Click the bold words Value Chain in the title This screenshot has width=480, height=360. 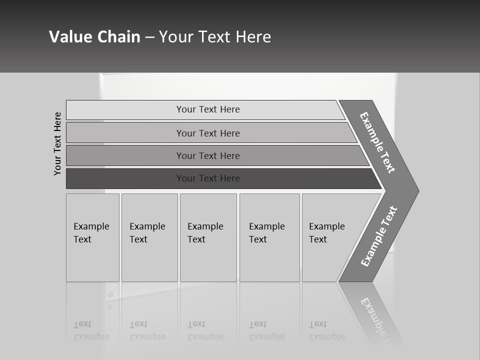point(94,37)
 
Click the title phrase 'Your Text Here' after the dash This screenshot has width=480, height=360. point(215,37)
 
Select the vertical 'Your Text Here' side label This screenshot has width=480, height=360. point(57,143)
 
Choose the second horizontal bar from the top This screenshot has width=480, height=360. point(125,133)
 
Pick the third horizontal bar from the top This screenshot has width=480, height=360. point(125,155)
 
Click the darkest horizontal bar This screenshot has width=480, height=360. point(125,178)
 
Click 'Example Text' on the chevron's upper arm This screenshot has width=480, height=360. point(377,142)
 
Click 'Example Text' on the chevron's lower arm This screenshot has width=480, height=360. point(379,236)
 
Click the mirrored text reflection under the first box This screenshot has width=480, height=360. point(91,330)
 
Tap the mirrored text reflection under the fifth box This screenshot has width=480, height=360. point(326,330)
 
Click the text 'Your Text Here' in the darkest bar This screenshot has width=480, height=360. point(208,178)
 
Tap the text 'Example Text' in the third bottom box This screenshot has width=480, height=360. point(205,233)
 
